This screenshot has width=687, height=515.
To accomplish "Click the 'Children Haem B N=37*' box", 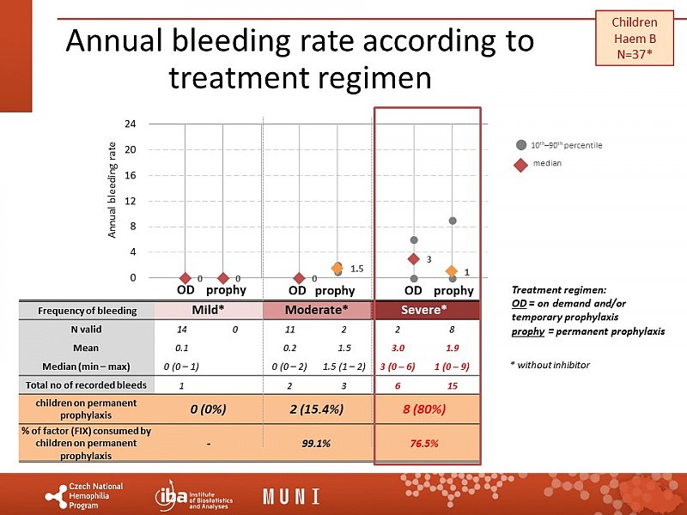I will [x=635, y=39].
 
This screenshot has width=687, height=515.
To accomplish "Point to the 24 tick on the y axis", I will [x=130, y=124].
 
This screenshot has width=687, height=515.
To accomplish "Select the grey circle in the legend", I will [x=520, y=145].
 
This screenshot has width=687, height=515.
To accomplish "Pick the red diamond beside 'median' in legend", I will [x=520, y=163].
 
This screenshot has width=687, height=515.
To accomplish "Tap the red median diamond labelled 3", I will [x=414, y=258].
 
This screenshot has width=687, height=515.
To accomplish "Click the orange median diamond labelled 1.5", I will [x=337, y=270].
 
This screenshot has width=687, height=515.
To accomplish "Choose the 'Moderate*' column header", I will [x=316, y=309].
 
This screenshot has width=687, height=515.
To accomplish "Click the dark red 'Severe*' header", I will [x=426, y=309].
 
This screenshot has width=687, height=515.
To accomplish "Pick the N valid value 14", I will [x=181, y=330].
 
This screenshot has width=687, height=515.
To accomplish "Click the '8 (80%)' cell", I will [x=424, y=409].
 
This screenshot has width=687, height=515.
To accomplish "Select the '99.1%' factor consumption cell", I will [x=316, y=443].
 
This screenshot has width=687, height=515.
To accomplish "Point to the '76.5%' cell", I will [x=424, y=443].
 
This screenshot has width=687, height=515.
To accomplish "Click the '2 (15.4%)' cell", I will [x=316, y=409].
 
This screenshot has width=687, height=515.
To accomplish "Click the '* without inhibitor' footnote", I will [x=550, y=365].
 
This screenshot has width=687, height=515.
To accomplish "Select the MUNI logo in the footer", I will [x=291, y=496].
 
